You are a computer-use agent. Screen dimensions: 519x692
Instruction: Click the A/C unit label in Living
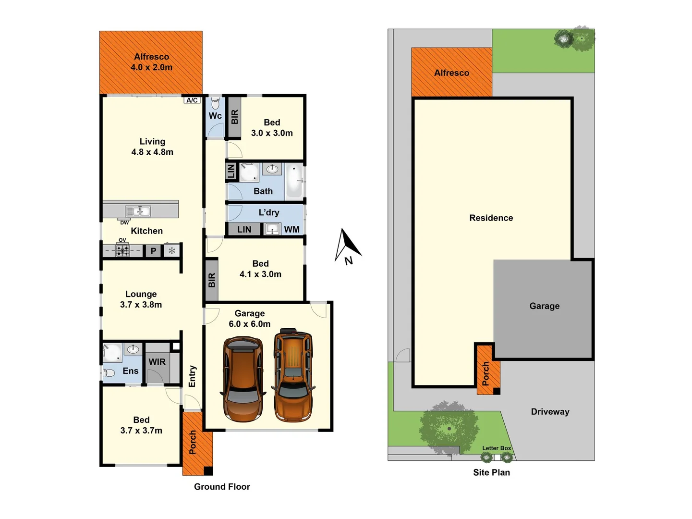(x=192, y=100)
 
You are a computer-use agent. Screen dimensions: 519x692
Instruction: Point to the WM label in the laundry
(x=291, y=230)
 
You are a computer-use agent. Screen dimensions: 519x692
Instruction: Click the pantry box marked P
(x=153, y=251)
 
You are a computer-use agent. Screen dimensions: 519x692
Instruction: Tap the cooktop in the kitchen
(x=122, y=250)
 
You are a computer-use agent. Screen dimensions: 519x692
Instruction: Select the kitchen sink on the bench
(x=138, y=210)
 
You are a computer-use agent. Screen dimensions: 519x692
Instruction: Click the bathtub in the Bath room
(x=294, y=181)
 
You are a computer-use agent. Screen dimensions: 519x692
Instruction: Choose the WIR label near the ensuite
(x=157, y=362)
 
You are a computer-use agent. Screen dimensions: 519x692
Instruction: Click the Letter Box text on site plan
(x=497, y=448)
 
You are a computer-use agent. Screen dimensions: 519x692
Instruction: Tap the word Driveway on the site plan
(x=550, y=412)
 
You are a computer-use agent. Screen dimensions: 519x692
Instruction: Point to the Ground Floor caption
(x=222, y=487)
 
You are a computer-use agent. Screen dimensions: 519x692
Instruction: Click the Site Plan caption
(x=491, y=472)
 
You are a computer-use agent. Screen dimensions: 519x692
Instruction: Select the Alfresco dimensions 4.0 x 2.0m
(x=151, y=68)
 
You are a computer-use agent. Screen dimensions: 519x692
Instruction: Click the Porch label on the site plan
(x=486, y=373)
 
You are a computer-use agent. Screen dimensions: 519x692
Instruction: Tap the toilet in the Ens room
(x=109, y=372)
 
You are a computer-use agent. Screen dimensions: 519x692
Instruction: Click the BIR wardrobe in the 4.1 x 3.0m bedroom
(x=212, y=280)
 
